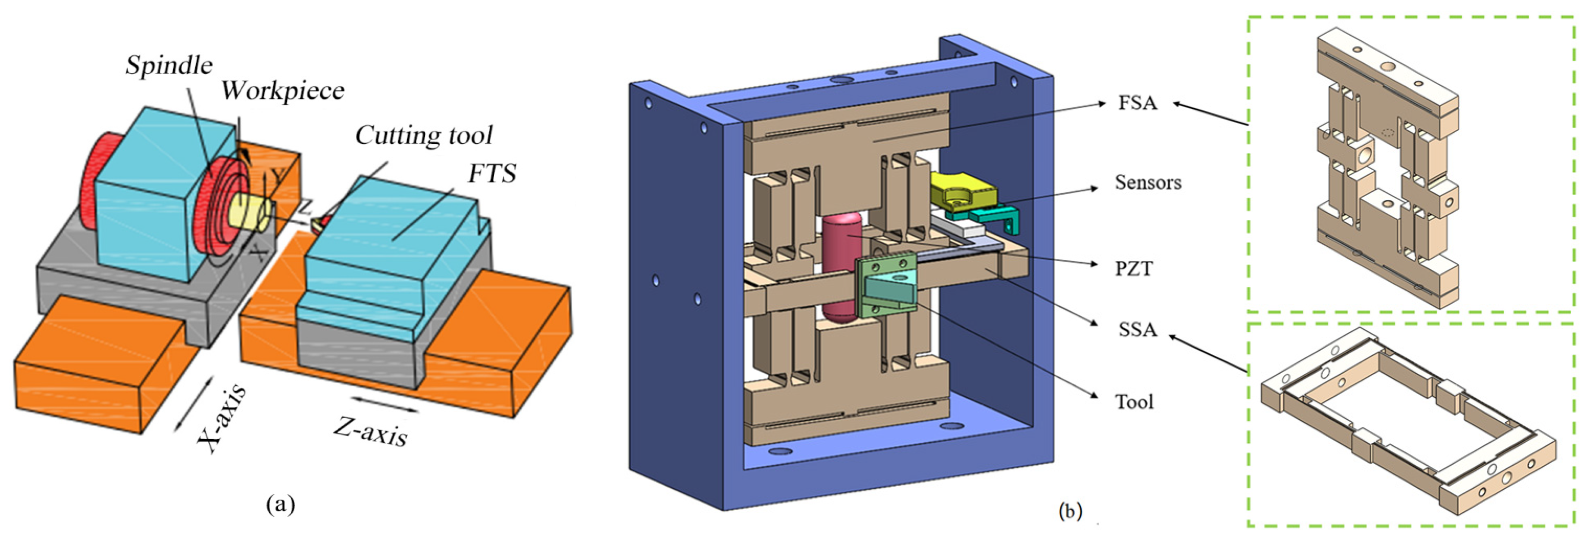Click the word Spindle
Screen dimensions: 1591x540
pyautogui.click(x=169, y=65)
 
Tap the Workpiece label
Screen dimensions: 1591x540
pyautogui.click(x=283, y=91)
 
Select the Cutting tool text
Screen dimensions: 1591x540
pyautogui.click(x=424, y=136)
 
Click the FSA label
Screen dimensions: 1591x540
pyautogui.click(x=1137, y=102)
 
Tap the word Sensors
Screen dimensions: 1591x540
pyautogui.click(x=1148, y=182)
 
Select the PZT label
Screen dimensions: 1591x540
pyautogui.click(x=1134, y=269)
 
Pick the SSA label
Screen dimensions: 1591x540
pyautogui.click(x=1137, y=329)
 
